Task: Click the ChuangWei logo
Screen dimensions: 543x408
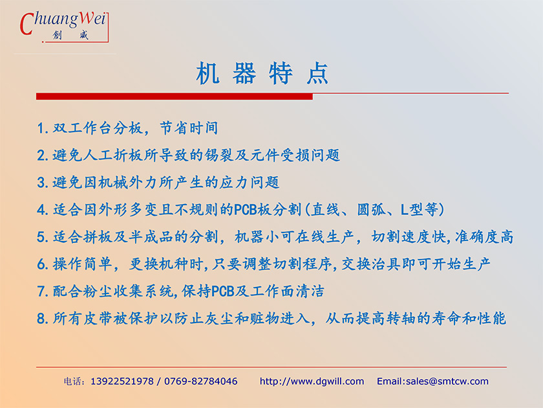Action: (64, 27)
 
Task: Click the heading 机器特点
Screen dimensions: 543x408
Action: (262, 73)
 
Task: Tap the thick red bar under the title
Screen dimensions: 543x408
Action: (174, 96)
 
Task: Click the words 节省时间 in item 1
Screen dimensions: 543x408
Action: (189, 128)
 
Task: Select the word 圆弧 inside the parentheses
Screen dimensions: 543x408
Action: (372, 210)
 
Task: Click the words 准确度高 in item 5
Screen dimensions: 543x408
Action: (484, 237)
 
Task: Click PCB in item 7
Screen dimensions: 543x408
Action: (222, 291)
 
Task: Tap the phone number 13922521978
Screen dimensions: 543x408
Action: (122, 381)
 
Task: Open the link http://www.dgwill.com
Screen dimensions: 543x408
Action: (312, 381)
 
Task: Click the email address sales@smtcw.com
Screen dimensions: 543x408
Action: (447, 381)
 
